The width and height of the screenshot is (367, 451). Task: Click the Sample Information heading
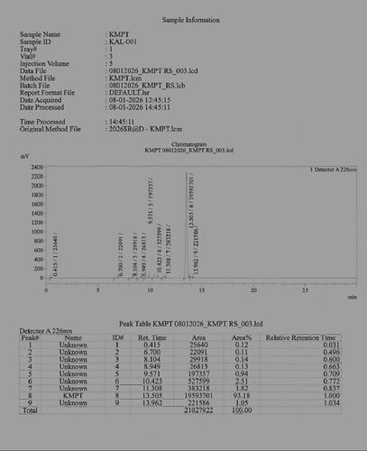click(182, 19)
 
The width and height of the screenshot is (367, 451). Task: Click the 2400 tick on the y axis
click(37, 168)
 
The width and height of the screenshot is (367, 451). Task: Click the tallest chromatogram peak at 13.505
click(186, 171)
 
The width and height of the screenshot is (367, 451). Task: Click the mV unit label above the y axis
click(24, 157)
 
